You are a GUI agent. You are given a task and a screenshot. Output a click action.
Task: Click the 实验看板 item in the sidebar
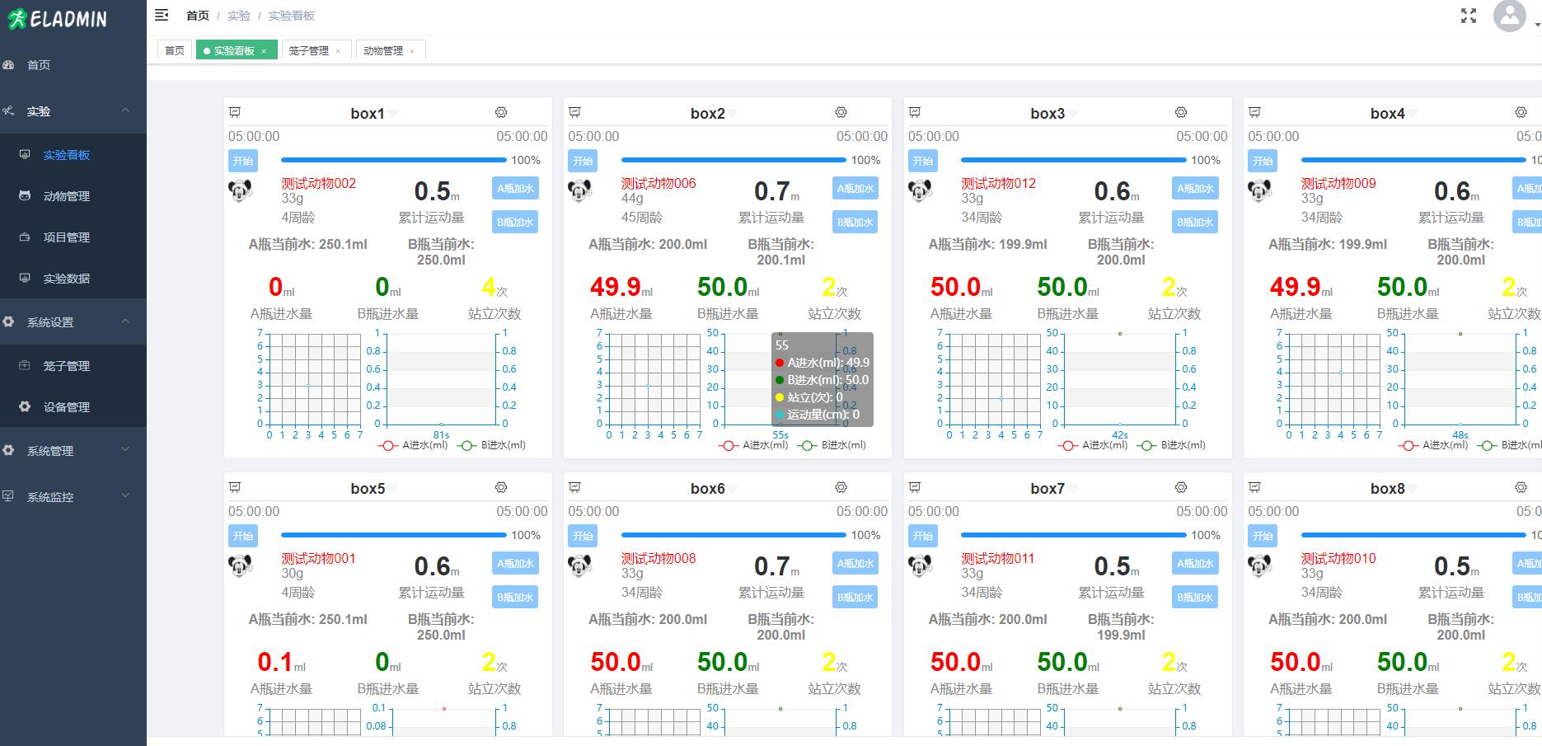tap(66, 155)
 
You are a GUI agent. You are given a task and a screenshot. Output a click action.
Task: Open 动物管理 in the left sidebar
tap(66, 196)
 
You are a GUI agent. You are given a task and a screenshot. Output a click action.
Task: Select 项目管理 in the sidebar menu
tap(66, 237)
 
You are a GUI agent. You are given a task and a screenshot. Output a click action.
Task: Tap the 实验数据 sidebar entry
tap(66, 279)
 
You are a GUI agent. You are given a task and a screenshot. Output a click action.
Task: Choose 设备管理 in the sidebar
tap(66, 407)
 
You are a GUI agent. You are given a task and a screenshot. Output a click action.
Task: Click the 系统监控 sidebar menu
tap(50, 497)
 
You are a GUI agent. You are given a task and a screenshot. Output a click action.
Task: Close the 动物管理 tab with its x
tap(412, 51)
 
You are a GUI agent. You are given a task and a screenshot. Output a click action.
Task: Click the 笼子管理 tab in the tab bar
tap(308, 51)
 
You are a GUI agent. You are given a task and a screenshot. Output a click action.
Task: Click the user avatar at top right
tap(1509, 16)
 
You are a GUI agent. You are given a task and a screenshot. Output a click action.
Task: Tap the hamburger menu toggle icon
tap(162, 15)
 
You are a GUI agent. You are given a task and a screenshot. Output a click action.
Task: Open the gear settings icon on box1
tap(501, 112)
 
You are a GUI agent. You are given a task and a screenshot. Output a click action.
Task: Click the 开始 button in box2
tap(583, 161)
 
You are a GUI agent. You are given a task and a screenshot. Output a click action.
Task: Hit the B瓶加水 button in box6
tap(855, 597)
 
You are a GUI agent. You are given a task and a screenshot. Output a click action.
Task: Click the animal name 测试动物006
tap(658, 184)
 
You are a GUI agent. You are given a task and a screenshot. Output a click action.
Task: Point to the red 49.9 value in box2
tap(616, 287)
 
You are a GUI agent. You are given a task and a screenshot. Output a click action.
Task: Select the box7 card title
tap(1047, 489)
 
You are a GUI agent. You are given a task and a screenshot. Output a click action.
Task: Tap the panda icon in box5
tap(240, 566)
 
